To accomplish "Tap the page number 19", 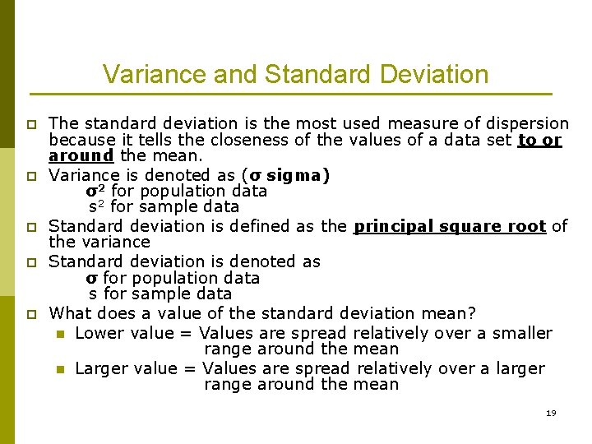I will point(551,413).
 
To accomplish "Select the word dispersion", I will point(525,123).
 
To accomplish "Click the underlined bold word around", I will point(81,155).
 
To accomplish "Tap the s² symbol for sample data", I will point(97,207).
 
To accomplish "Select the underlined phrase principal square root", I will point(450,226).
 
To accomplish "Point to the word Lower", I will point(99,333).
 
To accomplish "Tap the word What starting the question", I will point(71,313).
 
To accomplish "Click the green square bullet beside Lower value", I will point(59,334).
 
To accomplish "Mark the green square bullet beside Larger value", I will point(59,369).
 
